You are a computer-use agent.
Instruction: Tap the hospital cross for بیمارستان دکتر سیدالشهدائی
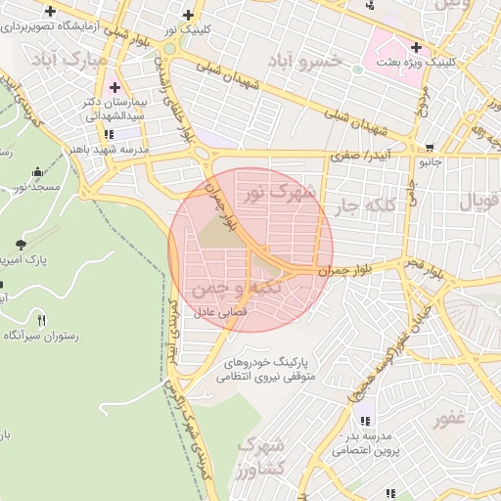[114, 88]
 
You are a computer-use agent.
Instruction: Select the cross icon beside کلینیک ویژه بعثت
[417, 47]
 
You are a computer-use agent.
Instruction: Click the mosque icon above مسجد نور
[38, 171]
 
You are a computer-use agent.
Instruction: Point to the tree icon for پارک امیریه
[20, 244]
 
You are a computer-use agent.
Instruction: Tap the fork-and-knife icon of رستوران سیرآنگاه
[40, 319]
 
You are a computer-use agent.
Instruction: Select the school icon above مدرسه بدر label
[365, 421]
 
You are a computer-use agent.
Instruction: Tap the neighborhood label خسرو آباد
[312, 62]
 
